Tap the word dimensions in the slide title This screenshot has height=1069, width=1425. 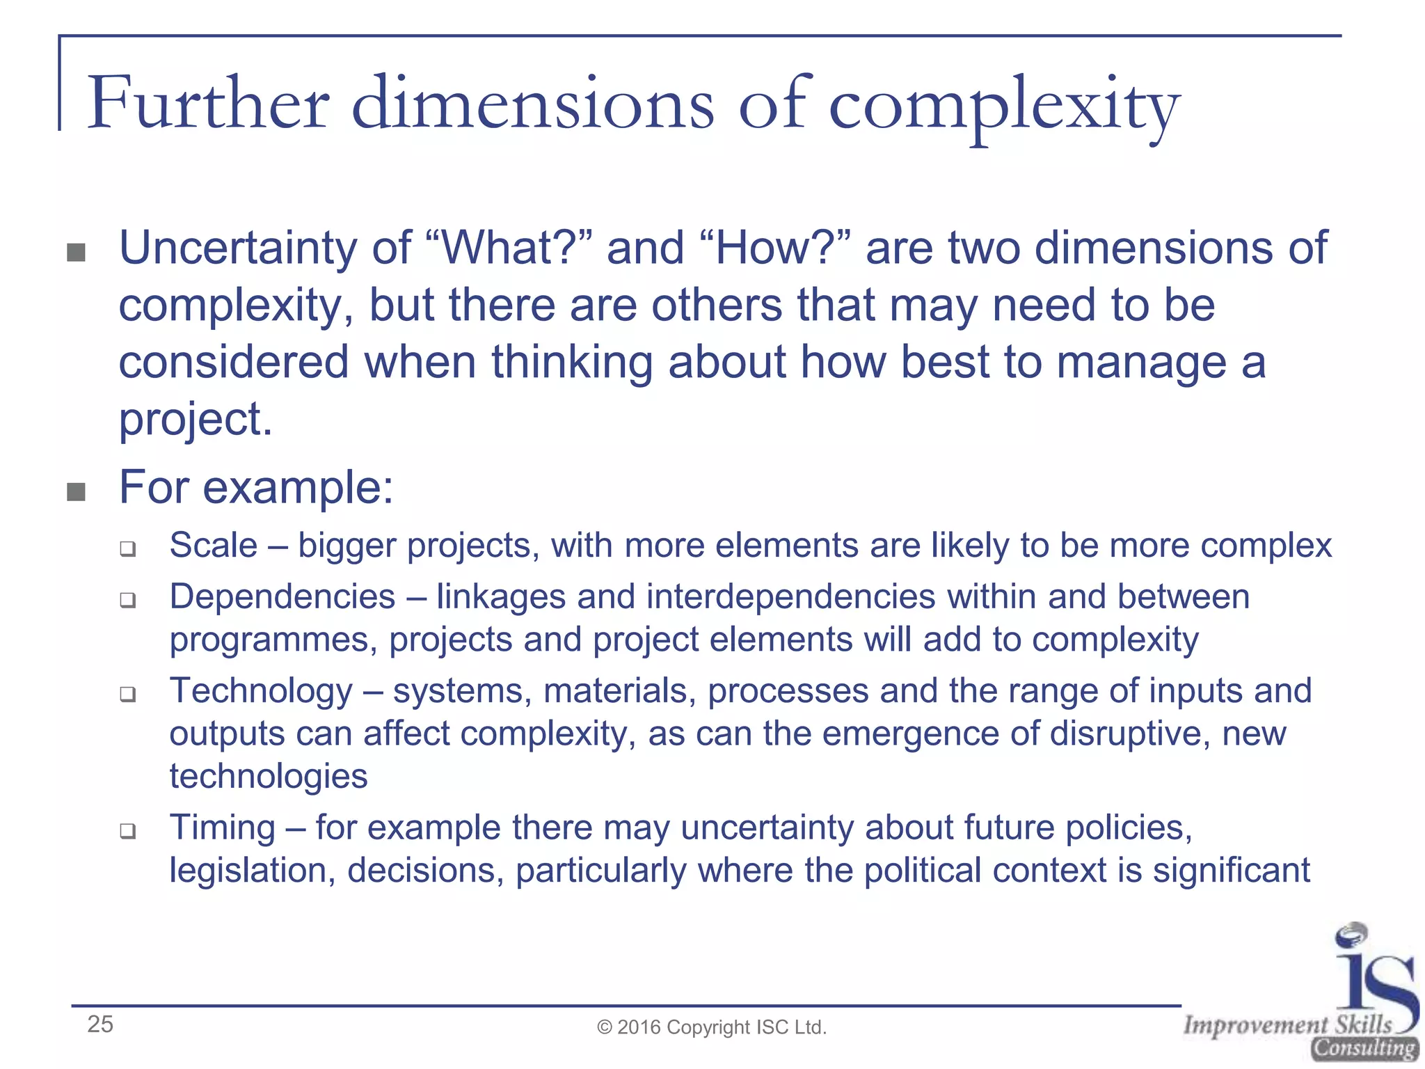(532, 104)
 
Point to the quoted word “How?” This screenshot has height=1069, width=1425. (780, 248)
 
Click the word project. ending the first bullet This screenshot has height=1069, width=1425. (196, 420)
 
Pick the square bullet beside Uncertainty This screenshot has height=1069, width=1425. (76, 252)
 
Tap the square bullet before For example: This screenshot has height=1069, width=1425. (76, 492)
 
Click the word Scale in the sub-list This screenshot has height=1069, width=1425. (214, 545)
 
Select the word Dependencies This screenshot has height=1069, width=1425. (282, 597)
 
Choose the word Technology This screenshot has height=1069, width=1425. (261, 691)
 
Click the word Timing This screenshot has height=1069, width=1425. (223, 828)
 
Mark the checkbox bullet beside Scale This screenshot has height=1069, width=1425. (127, 549)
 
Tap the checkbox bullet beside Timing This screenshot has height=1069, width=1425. (127, 831)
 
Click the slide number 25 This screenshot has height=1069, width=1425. (100, 1024)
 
